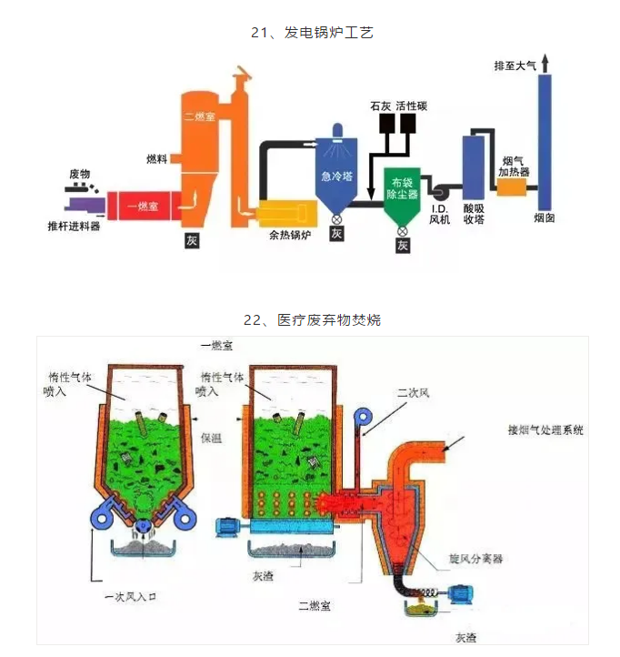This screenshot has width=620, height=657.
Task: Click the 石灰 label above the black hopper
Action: (381, 106)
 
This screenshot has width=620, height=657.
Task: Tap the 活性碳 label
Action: (412, 106)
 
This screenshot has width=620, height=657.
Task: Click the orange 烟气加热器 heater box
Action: (513, 187)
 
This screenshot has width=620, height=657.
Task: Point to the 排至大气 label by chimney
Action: (515, 66)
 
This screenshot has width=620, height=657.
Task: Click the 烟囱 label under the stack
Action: (545, 219)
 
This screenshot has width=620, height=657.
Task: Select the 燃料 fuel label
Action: (156, 159)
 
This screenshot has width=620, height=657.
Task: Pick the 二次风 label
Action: (412, 393)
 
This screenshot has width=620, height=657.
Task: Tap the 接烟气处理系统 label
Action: (545, 430)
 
